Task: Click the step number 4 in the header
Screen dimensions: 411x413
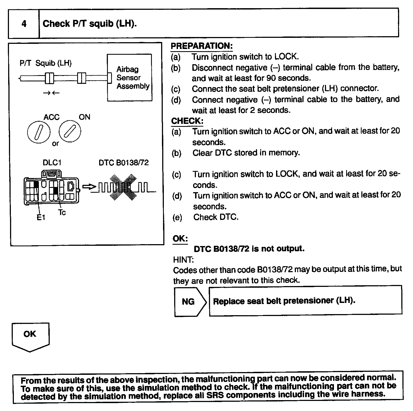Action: click(x=24, y=24)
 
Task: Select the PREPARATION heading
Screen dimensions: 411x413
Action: click(x=201, y=46)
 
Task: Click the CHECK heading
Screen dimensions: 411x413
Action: click(x=187, y=121)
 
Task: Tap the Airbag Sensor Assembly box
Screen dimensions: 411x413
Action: click(x=130, y=78)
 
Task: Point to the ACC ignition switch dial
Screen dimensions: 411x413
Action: click(x=39, y=132)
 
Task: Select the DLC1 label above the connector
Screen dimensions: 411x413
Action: click(x=52, y=162)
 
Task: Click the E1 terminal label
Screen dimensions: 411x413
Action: click(x=41, y=217)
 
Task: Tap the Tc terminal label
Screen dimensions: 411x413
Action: click(x=62, y=212)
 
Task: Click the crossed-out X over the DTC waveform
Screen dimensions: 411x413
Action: click(x=122, y=187)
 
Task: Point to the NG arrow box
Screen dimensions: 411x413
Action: click(x=190, y=301)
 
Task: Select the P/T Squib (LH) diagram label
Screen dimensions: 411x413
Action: click(x=46, y=63)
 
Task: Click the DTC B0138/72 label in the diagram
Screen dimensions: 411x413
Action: click(x=124, y=163)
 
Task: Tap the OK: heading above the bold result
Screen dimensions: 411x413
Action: click(x=180, y=238)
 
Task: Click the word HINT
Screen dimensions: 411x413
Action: click(x=183, y=259)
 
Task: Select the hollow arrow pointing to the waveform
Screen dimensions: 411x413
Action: click(x=89, y=187)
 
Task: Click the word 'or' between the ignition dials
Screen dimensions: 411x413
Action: click(x=55, y=143)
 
